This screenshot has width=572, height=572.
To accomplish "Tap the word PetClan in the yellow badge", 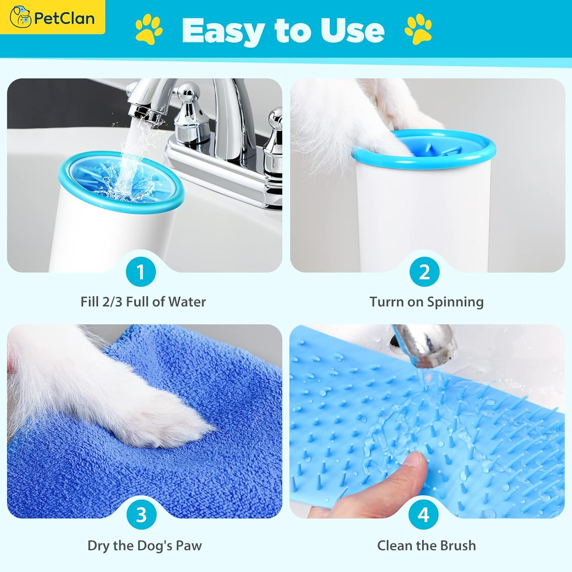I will point(64,18).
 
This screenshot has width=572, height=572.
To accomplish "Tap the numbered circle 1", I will point(141,272).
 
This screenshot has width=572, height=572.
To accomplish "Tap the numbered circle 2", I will point(424,272).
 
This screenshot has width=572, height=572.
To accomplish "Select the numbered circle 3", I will point(141,515).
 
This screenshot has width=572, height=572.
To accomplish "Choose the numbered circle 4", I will point(423,515).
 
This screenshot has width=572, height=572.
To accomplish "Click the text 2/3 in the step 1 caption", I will point(112,302).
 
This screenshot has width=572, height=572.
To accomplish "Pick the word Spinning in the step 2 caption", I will point(455,302).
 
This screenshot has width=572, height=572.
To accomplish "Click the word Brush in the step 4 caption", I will point(458,545).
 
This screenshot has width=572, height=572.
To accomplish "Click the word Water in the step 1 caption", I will point(187,302).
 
